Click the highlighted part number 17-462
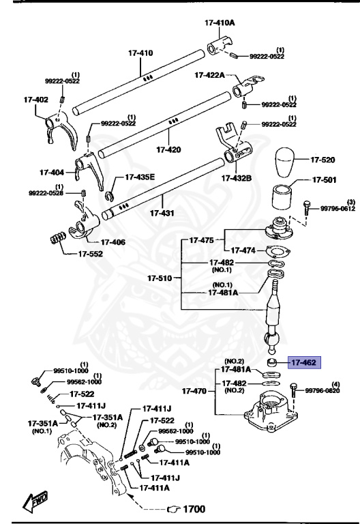303,362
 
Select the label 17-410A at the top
220,23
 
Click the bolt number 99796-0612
337,208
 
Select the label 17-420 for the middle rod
168,148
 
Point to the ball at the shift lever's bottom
273,339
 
